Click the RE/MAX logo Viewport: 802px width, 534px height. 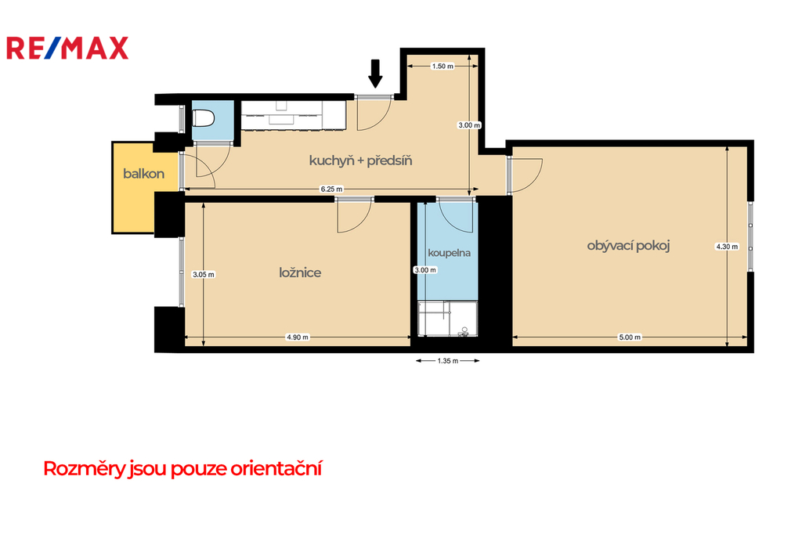click(x=67, y=48)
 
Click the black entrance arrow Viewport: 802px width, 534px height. click(x=375, y=74)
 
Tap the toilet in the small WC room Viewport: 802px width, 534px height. click(x=204, y=119)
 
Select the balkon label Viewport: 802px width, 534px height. click(x=144, y=174)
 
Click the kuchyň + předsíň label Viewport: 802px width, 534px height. click(x=360, y=161)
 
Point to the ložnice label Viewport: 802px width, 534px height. click(x=300, y=272)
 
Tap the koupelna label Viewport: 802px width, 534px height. click(x=449, y=253)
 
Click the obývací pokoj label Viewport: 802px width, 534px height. click(x=628, y=246)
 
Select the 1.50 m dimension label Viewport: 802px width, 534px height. click(x=443, y=66)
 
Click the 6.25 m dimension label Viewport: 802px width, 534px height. click(x=331, y=189)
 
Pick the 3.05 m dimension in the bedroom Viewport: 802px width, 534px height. click(x=204, y=275)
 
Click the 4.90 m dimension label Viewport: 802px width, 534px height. click(x=297, y=337)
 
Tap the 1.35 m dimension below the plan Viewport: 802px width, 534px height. click(x=447, y=361)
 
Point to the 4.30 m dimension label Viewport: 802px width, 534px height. click(x=727, y=247)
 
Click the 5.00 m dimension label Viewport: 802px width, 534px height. click(x=630, y=337)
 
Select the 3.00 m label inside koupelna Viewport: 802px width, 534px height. click(x=425, y=270)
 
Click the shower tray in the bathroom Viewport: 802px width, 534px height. click(x=447, y=319)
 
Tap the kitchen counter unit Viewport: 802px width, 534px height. click(x=294, y=115)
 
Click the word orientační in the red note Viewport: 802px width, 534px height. click(x=276, y=468)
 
